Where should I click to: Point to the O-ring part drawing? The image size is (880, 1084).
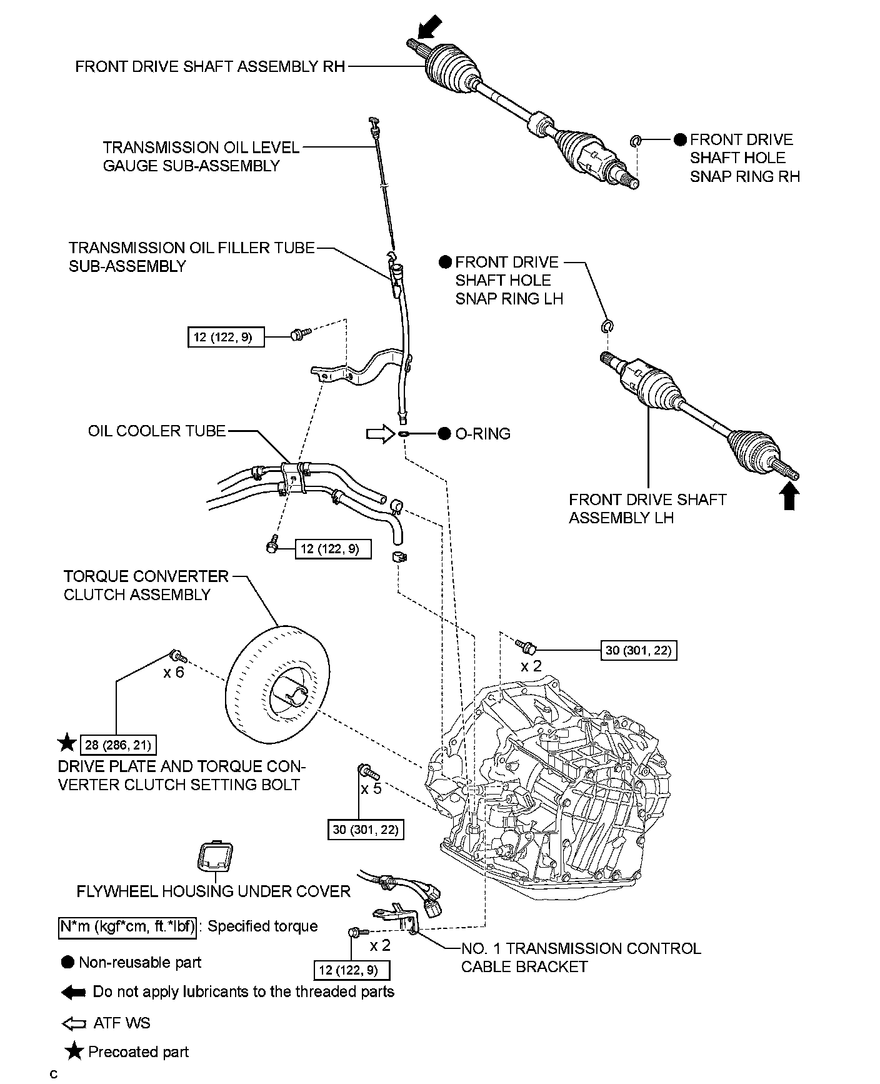point(404,433)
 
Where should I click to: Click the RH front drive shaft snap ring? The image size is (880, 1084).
point(635,140)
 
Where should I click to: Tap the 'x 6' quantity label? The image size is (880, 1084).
point(174,672)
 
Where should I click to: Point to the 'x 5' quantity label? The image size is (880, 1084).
point(371,788)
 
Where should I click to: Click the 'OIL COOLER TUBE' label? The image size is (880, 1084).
point(157,431)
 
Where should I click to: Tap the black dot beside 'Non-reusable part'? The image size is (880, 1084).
point(68,962)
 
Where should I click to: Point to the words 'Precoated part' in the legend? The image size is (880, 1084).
point(138,1052)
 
